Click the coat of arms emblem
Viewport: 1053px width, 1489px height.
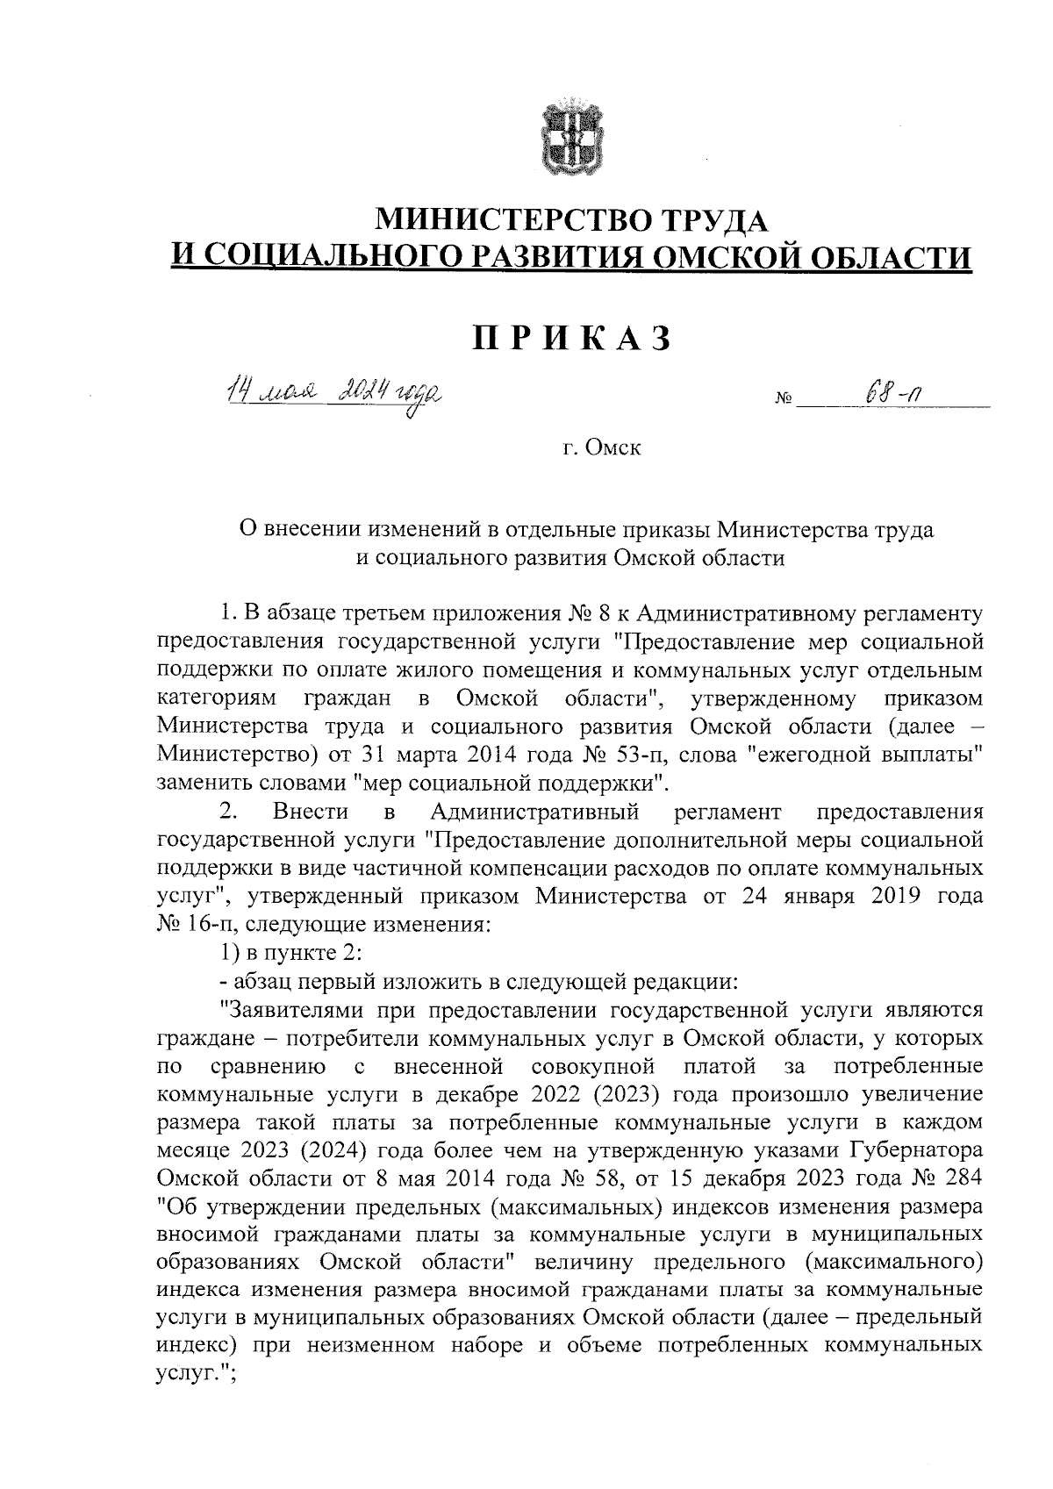(569, 140)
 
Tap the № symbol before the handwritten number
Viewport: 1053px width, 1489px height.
(784, 401)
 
